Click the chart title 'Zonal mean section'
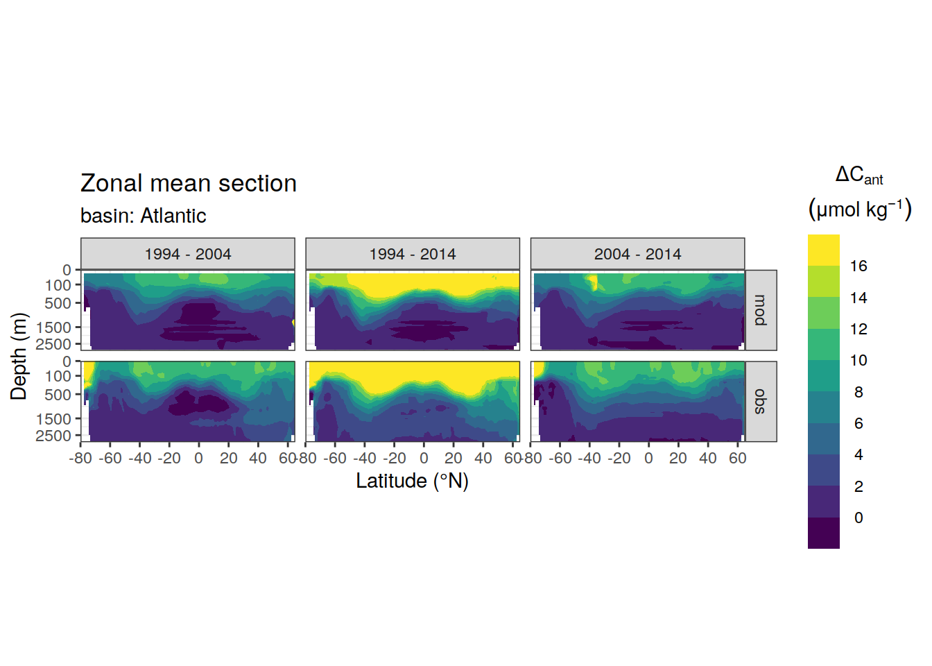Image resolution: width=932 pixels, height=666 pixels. [x=188, y=183]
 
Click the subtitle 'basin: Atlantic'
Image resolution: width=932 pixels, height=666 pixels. [x=143, y=216]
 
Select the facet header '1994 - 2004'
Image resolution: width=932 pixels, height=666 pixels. [x=188, y=254]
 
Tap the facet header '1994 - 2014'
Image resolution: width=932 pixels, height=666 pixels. [x=413, y=254]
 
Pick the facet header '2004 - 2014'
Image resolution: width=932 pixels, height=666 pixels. [x=637, y=254]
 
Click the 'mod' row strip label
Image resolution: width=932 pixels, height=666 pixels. [x=761, y=310]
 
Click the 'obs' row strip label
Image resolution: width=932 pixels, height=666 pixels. [x=761, y=402]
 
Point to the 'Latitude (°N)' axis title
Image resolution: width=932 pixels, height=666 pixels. [x=413, y=481]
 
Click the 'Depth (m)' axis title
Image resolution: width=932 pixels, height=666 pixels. [x=19, y=357]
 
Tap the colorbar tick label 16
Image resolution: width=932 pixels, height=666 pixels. [x=858, y=266]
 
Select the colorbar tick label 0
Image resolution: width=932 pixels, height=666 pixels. [x=858, y=518]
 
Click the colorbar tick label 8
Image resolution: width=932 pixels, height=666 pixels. [x=858, y=392]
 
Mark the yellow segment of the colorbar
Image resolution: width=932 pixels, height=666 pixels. [x=824, y=250]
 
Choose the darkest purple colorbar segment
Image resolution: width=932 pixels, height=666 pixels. [x=824, y=533]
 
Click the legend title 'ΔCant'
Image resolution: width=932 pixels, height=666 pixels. [x=859, y=176]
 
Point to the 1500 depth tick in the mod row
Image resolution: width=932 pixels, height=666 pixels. [x=53, y=327]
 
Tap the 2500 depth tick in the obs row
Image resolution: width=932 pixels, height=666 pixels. [x=53, y=436]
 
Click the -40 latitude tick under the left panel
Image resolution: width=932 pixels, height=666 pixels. [x=139, y=459]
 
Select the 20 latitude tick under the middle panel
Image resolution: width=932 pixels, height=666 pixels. [x=453, y=459]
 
